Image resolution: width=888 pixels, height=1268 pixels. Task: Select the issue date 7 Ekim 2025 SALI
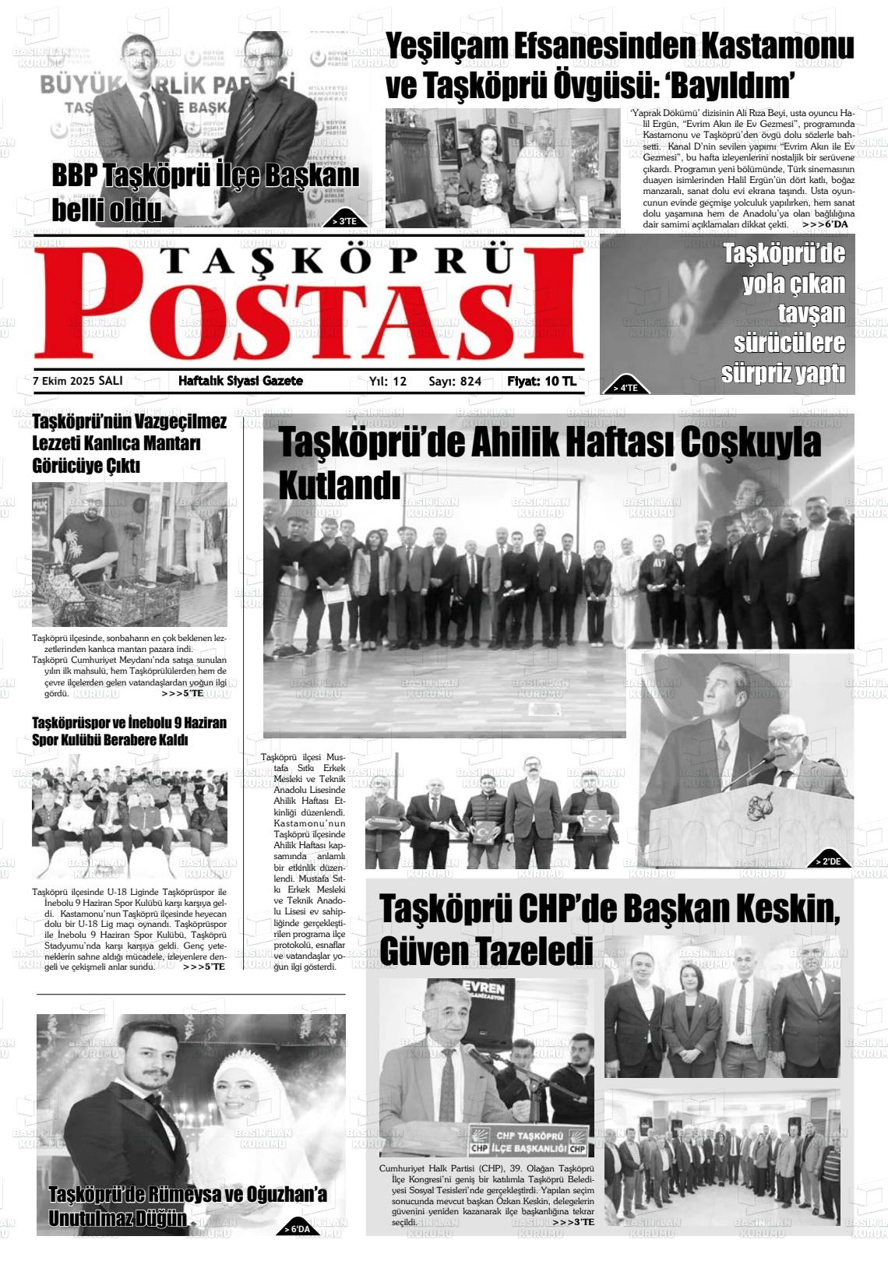pos(78,381)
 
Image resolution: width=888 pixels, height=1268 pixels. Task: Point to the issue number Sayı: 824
pos(455,381)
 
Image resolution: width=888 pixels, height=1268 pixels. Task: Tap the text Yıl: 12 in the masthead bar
pos(388,381)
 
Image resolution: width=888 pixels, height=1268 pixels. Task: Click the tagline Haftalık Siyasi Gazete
pos(240,381)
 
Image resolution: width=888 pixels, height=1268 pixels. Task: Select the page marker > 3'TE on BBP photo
pos(344,221)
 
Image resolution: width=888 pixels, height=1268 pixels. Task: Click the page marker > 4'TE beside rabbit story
pos(625,387)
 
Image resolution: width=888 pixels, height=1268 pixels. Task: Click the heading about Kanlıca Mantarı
pos(129,444)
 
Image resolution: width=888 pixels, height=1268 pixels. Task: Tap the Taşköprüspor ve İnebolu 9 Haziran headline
pos(129,731)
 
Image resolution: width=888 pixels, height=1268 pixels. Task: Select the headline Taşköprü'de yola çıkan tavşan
pos(783,312)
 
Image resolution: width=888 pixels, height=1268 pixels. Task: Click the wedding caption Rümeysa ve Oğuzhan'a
pos(187,1195)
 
